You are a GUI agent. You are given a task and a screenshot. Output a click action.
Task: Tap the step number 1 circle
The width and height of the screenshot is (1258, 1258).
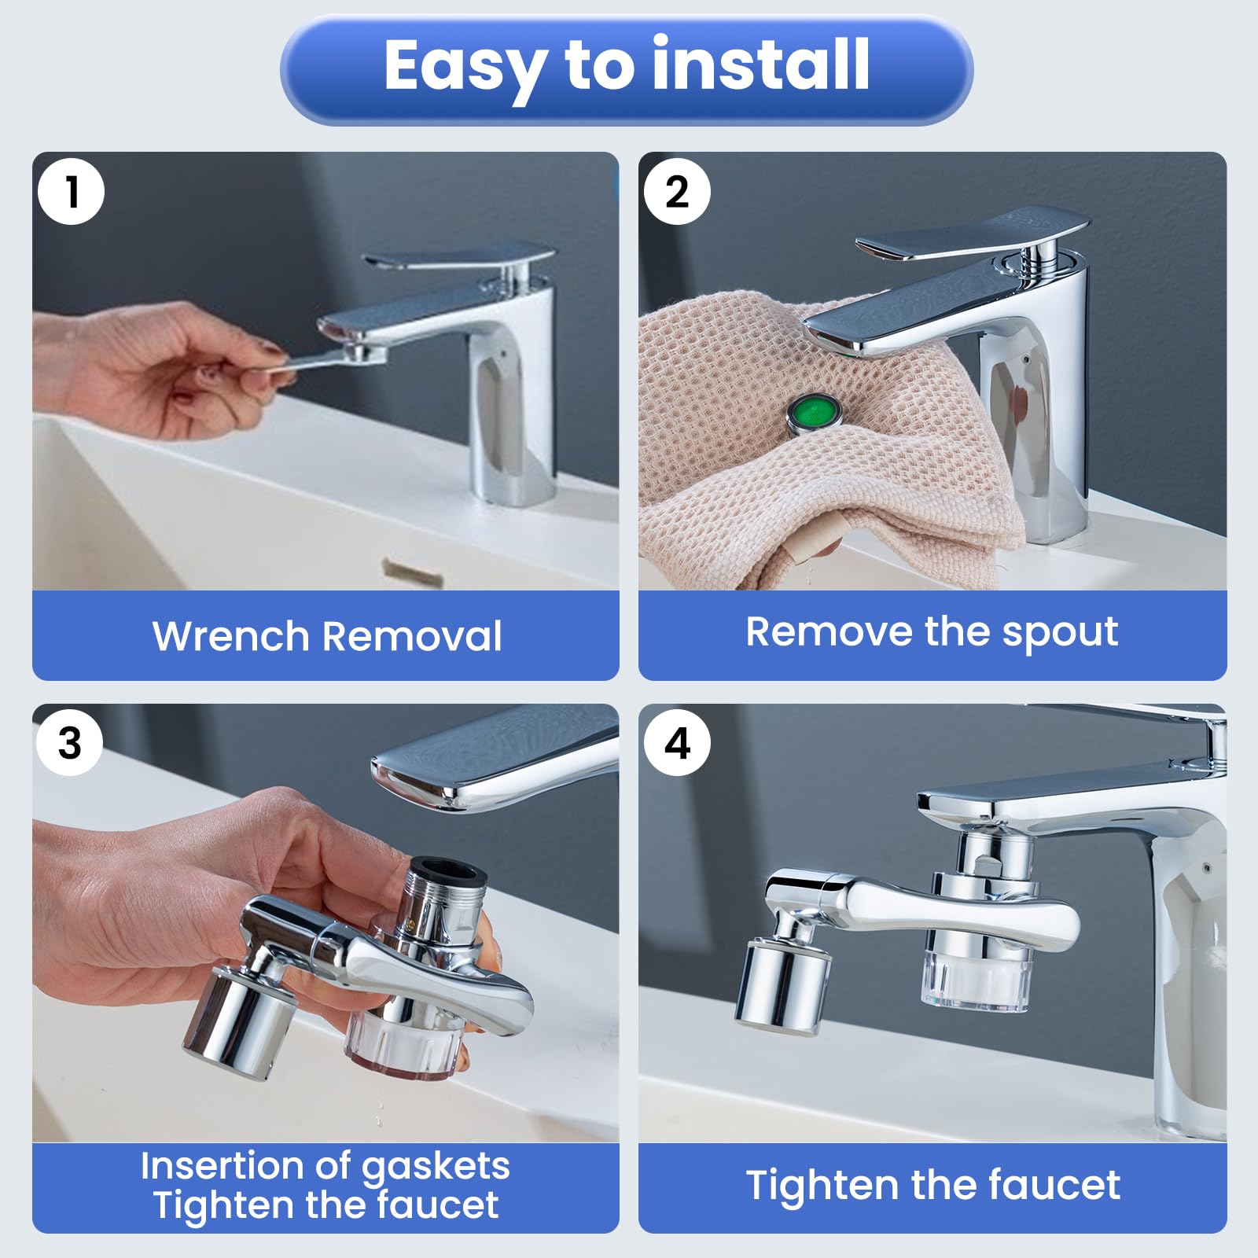point(72,192)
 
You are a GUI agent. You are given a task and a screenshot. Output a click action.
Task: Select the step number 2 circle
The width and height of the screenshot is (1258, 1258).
point(677,192)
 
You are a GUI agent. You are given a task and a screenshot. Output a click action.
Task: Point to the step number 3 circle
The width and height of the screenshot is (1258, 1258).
point(70,743)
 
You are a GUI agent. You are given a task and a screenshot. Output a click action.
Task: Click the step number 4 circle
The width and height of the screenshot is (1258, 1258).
point(677,743)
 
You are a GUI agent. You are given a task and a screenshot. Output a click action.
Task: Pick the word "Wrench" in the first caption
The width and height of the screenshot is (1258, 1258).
point(231,636)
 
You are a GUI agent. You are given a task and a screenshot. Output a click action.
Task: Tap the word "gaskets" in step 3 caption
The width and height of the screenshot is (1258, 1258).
point(436,1168)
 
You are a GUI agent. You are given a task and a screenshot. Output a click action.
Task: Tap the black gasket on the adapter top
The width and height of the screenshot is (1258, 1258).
point(449,870)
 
